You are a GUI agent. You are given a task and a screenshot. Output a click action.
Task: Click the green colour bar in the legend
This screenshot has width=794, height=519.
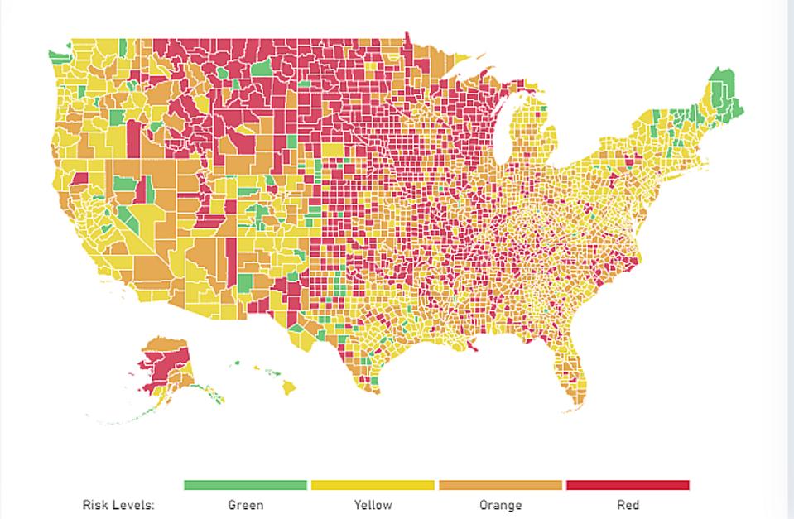coord(245,485)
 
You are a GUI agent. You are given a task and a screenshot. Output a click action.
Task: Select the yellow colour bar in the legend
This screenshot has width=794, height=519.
coord(373,485)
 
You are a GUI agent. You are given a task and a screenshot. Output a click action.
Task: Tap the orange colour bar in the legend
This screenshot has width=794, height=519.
coord(500,485)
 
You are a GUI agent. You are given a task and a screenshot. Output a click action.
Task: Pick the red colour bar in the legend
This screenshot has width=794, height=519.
coord(628,485)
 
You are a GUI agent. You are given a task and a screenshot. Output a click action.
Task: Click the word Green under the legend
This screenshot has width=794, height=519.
coord(245,504)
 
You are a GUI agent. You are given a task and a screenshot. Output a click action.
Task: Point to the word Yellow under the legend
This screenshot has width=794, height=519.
coord(373,504)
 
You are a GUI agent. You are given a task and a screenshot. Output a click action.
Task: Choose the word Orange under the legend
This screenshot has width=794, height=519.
coord(500,504)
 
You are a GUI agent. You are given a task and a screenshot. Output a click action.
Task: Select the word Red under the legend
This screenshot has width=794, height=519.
coord(628,504)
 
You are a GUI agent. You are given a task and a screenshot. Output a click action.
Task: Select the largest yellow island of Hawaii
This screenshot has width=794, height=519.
coord(288,387)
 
